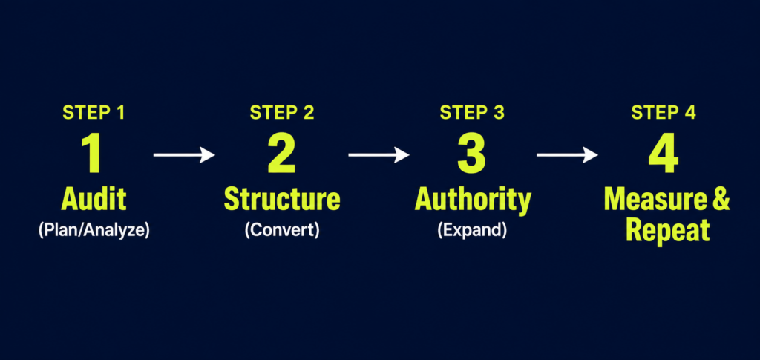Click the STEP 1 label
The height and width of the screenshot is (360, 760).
coord(94,112)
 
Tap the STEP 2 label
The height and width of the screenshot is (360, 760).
coord(282,112)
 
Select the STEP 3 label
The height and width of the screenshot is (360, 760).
coord(472,112)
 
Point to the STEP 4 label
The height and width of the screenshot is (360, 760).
coord(664,112)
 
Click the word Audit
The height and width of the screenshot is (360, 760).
coord(94,199)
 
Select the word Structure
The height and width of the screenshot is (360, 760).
coord(282,199)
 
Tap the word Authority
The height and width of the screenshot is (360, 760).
coord(473,200)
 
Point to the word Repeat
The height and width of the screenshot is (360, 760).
coord(667,231)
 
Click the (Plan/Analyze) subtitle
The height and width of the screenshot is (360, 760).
coord(94,230)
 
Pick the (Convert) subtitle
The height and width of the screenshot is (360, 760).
coord(282,230)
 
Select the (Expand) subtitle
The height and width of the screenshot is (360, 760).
coord(472,230)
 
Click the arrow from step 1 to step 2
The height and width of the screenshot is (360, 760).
coord(184,155)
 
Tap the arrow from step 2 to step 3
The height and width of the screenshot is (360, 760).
coord(379,155)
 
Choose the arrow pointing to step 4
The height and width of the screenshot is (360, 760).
coord(568,155)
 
